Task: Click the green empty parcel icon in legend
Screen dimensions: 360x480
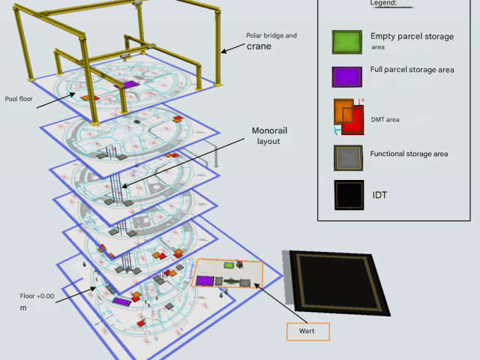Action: tap(347, 42)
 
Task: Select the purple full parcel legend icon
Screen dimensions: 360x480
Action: tap(347, 77)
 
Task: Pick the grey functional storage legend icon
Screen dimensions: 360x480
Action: tap(349, 157)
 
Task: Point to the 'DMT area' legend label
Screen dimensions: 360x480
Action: tap(385, 119)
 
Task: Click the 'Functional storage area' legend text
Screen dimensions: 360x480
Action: tap(409, 154)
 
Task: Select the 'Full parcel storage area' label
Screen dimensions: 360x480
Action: tap(412, 70)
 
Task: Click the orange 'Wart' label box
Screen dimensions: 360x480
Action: tap(307, 331)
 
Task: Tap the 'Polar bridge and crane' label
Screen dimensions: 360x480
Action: tap(271, 40)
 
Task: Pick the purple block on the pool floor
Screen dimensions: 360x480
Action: tap(127, 85)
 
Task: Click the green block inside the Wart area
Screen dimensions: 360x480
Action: tap(229, 266)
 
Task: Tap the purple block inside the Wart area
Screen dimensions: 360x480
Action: tap(204, 280)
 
